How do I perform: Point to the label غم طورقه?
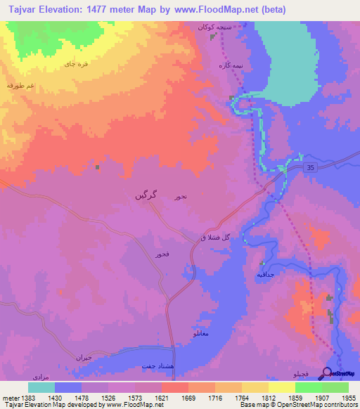click(x=21, y=84)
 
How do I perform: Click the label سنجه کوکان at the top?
click(x=212, y=26)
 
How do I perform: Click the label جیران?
click(x=84, y=356)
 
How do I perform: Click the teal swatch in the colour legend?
click(x=41, y=387)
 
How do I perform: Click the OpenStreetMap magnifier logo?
click(x=327, y=373)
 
